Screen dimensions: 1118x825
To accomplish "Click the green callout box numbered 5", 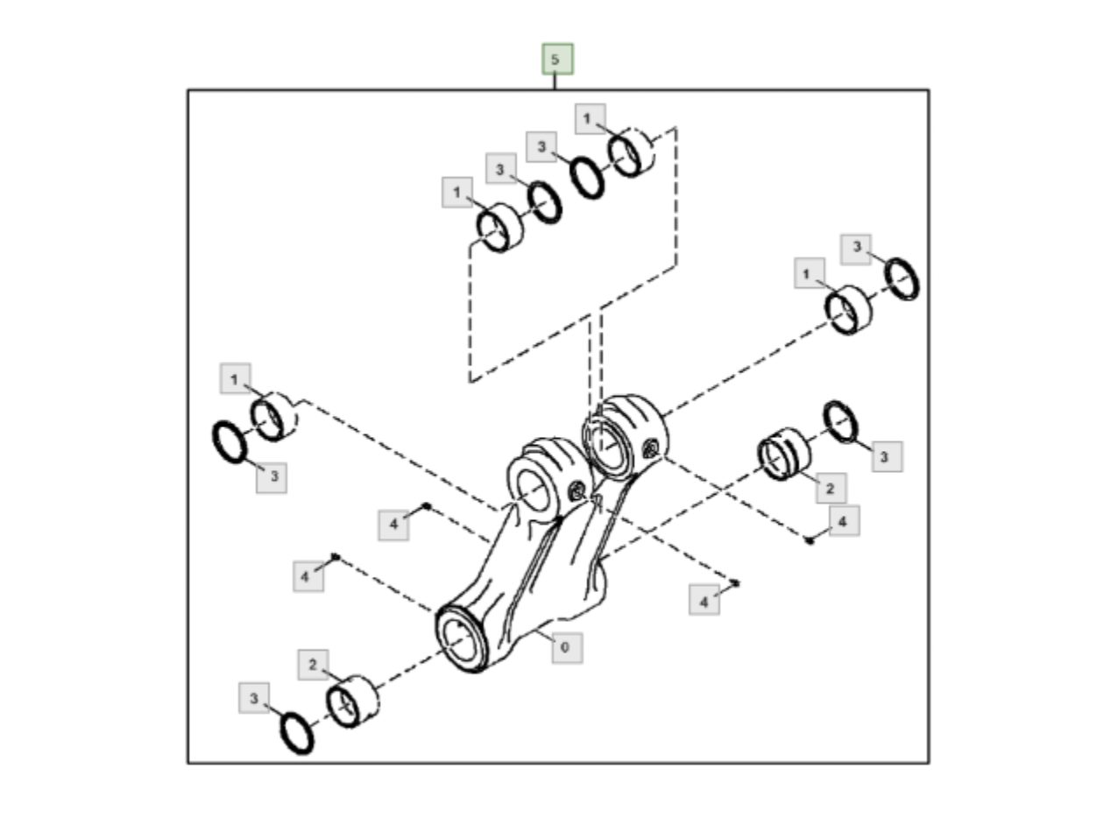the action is (x=557, y=59).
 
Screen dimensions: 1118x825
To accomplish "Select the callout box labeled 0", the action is (x=567, y=647).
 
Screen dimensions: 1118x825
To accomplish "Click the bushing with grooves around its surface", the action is (x=784, y=454).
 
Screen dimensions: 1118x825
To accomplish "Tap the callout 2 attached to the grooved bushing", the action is (x=831, y=488).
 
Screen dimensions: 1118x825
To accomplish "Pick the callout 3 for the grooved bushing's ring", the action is (x=888, y=456).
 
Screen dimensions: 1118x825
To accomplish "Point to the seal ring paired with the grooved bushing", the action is (x=840, y=422).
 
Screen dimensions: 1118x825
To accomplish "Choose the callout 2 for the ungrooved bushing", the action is (x=313, y=665).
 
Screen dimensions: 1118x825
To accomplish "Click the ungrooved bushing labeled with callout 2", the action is (x=352, y=701).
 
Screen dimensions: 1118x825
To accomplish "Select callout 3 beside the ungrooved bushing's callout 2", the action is (x=254, y=698).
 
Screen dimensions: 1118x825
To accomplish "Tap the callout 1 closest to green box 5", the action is (x=591, y=119).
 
